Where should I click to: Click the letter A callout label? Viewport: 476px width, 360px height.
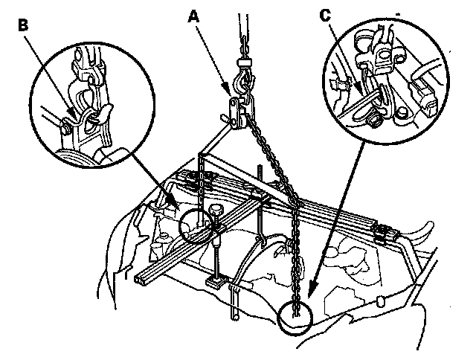tap(195, 14)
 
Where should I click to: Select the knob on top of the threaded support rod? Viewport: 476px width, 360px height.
tap(216, 213)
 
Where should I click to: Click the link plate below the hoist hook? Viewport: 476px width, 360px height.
tap(237, 112)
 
